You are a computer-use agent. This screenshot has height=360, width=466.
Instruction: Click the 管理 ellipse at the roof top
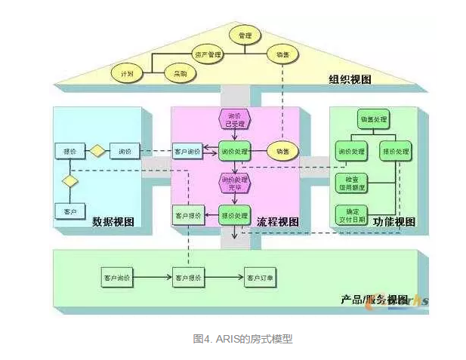245,35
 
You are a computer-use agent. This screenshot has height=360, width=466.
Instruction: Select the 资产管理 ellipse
207,54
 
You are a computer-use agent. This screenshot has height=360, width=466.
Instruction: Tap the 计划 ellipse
127,74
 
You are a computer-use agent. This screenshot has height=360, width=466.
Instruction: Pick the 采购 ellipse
181,74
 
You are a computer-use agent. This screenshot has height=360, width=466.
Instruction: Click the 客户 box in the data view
70,211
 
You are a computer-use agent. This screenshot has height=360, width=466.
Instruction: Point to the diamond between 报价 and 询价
98,151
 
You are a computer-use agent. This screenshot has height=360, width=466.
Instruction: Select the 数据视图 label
113,222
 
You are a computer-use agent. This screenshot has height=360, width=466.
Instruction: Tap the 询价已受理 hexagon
234,120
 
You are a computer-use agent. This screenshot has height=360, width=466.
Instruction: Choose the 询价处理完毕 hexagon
234,183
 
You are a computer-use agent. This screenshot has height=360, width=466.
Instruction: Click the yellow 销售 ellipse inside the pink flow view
283,150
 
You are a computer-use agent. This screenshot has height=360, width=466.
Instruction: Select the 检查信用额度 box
350,183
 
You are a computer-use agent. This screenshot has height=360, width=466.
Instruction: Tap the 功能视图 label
394,222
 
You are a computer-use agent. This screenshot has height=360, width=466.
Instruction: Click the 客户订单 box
260,278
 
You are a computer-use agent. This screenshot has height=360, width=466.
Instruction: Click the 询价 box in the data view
125,151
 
